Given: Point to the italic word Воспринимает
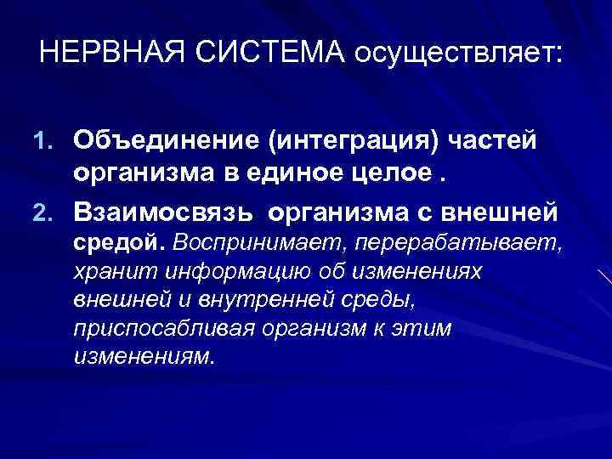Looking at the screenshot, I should click(x=241, y=241).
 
